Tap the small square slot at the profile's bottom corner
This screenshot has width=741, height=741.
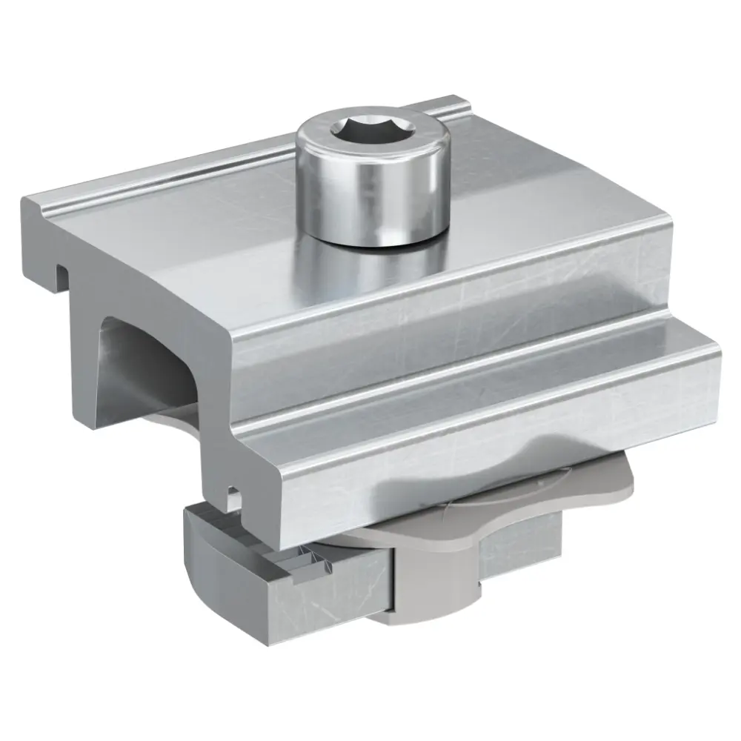point(233,492)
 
